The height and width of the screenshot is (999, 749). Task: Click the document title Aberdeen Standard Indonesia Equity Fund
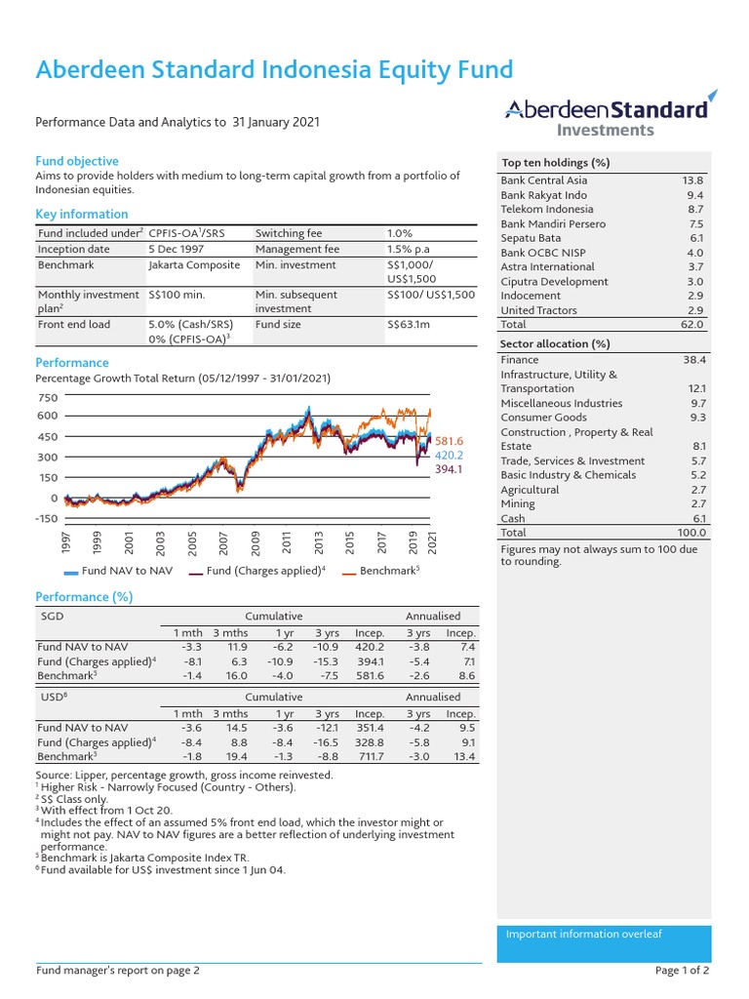(274, 69)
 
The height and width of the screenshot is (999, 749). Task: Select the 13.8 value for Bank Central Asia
(692, 180)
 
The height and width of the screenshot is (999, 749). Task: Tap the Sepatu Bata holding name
(531, 238)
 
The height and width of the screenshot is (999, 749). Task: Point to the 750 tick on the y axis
(48, 398)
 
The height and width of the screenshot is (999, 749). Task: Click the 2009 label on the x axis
(256, 541)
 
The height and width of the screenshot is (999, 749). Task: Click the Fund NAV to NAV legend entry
(118, 570)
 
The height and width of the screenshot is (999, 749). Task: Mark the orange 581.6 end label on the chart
(449, 442)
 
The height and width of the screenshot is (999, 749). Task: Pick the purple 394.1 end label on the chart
(449, 469)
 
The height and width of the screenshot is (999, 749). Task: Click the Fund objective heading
(77, 161)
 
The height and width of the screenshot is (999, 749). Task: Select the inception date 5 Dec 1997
(181, 249)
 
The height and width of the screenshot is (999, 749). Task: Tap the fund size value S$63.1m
(409, 324)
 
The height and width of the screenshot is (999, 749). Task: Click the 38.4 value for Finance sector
(694, 360)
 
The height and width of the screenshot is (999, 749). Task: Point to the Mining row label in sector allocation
(518, 504)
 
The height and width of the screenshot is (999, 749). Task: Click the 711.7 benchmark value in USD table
(371, 756)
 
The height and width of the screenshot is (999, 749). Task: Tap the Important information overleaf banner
(583, 935)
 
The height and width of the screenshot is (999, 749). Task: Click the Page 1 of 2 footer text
(682, 971)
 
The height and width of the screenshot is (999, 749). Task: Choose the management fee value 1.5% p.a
(414, 249)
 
